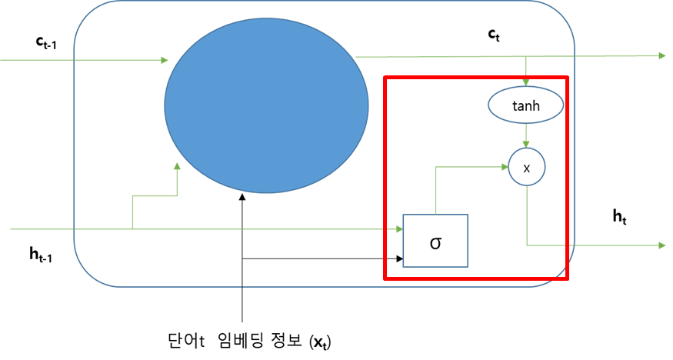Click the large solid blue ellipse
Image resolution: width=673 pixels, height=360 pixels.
coord(266,105)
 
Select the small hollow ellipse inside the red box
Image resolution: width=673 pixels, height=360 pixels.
coord(526,105)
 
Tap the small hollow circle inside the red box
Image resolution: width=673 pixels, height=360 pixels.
coord(527,166)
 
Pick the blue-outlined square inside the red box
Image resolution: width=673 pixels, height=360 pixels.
coord(436,241)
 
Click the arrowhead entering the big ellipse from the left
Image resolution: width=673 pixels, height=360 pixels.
coord(165,60)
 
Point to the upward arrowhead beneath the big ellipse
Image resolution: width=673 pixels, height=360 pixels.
coord(178,165)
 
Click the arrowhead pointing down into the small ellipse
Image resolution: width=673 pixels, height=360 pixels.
coord(526,82)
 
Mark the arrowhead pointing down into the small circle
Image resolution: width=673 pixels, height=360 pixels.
coord(526,144)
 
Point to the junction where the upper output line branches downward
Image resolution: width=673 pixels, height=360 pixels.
coord(526,56)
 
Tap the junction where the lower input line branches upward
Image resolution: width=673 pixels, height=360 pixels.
coord(133,228)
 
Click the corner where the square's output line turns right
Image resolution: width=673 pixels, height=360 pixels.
coord(436,167)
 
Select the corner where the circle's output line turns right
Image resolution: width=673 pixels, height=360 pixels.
coord(527,245)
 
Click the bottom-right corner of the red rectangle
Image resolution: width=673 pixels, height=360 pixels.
coord(567,278)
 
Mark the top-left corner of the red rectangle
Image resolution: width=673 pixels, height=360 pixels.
coord(385,77)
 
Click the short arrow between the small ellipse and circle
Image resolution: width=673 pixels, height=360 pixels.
coord(526,135)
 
